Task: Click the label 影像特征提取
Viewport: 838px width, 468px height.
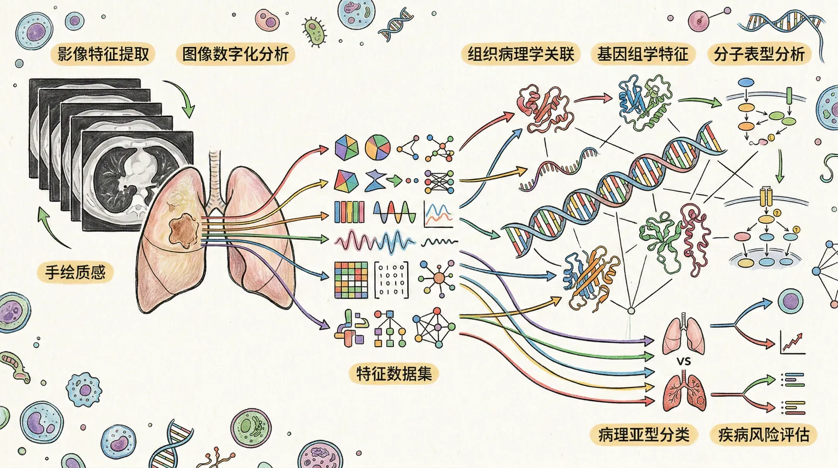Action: pyautogui.click(x=103, y=54)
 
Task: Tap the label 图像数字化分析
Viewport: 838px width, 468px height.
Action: pyautogui.click(x=235, y=54)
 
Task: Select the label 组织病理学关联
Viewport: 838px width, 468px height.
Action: pyautogui.click(x=521, y=54)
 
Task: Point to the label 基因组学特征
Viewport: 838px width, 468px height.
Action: pyautogui.click(x=642, y=54)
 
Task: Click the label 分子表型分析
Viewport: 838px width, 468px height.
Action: pyautogui.click(x=759, y=54)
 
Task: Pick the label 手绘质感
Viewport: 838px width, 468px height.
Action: pyautogui.click(x=76, y=272)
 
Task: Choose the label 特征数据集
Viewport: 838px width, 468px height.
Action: pyautogui.click(x=394, y=374)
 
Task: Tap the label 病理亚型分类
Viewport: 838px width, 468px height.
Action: pyautogui.click(x=644, y=435)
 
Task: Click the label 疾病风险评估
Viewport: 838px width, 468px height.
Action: pyautogui.click(x=764, y=435)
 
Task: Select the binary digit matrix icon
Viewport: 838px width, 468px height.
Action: pyautogui.click(x=392, y=280)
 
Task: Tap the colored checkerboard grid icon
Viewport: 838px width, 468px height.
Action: pyautogui.click(x=351, y=280)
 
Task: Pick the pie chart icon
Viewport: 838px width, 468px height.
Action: pyautogui.click(x=378, y=147)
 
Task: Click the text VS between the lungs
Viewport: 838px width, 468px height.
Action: pyautogui.click(x=683, y=361)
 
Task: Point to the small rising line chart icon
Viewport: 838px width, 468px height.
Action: pyautogui.click(x=792, y=343)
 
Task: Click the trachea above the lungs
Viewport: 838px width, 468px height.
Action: pyautogui.click(x=214, y=179)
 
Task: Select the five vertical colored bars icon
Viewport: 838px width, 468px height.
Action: pyautogui.click(x=349, y=212)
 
